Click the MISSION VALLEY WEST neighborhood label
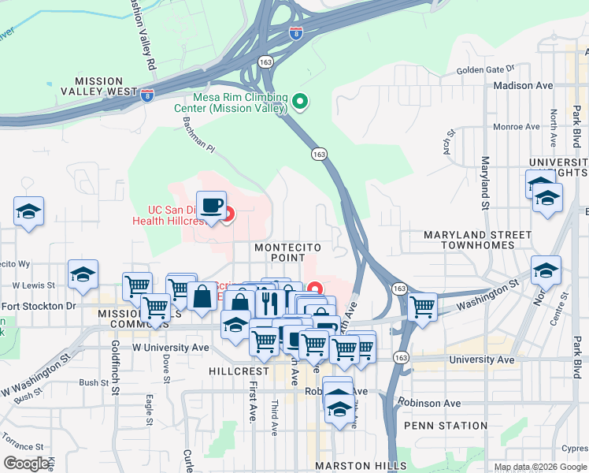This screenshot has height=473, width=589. (98, 86)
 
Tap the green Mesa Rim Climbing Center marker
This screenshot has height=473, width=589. (299, 101)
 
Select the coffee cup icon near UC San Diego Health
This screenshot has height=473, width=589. (211, 207)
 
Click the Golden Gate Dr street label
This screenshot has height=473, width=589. (486, 70)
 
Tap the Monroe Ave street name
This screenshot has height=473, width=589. (516, 126)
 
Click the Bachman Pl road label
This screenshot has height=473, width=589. (198, 134)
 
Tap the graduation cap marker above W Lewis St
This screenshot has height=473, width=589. (83, 274)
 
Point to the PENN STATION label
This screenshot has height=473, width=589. (446, 426)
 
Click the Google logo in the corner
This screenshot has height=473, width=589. (27, 464)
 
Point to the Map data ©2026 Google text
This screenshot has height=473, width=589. (539, 467)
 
